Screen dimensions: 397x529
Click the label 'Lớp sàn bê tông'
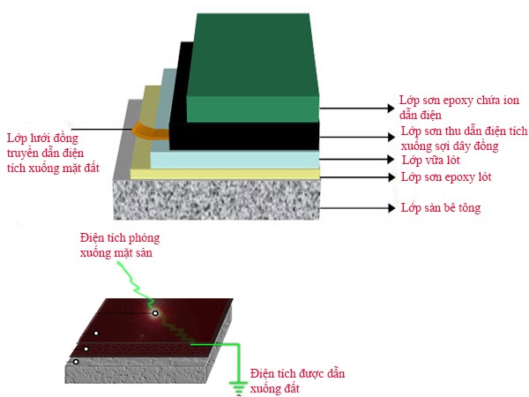coord(441,208)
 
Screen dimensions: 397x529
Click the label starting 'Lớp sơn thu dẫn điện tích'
coord(463,138)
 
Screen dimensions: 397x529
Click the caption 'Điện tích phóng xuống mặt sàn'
coord(120,245)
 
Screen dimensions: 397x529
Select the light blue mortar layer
coord(234,158)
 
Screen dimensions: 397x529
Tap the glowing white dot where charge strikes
coord(155,312)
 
